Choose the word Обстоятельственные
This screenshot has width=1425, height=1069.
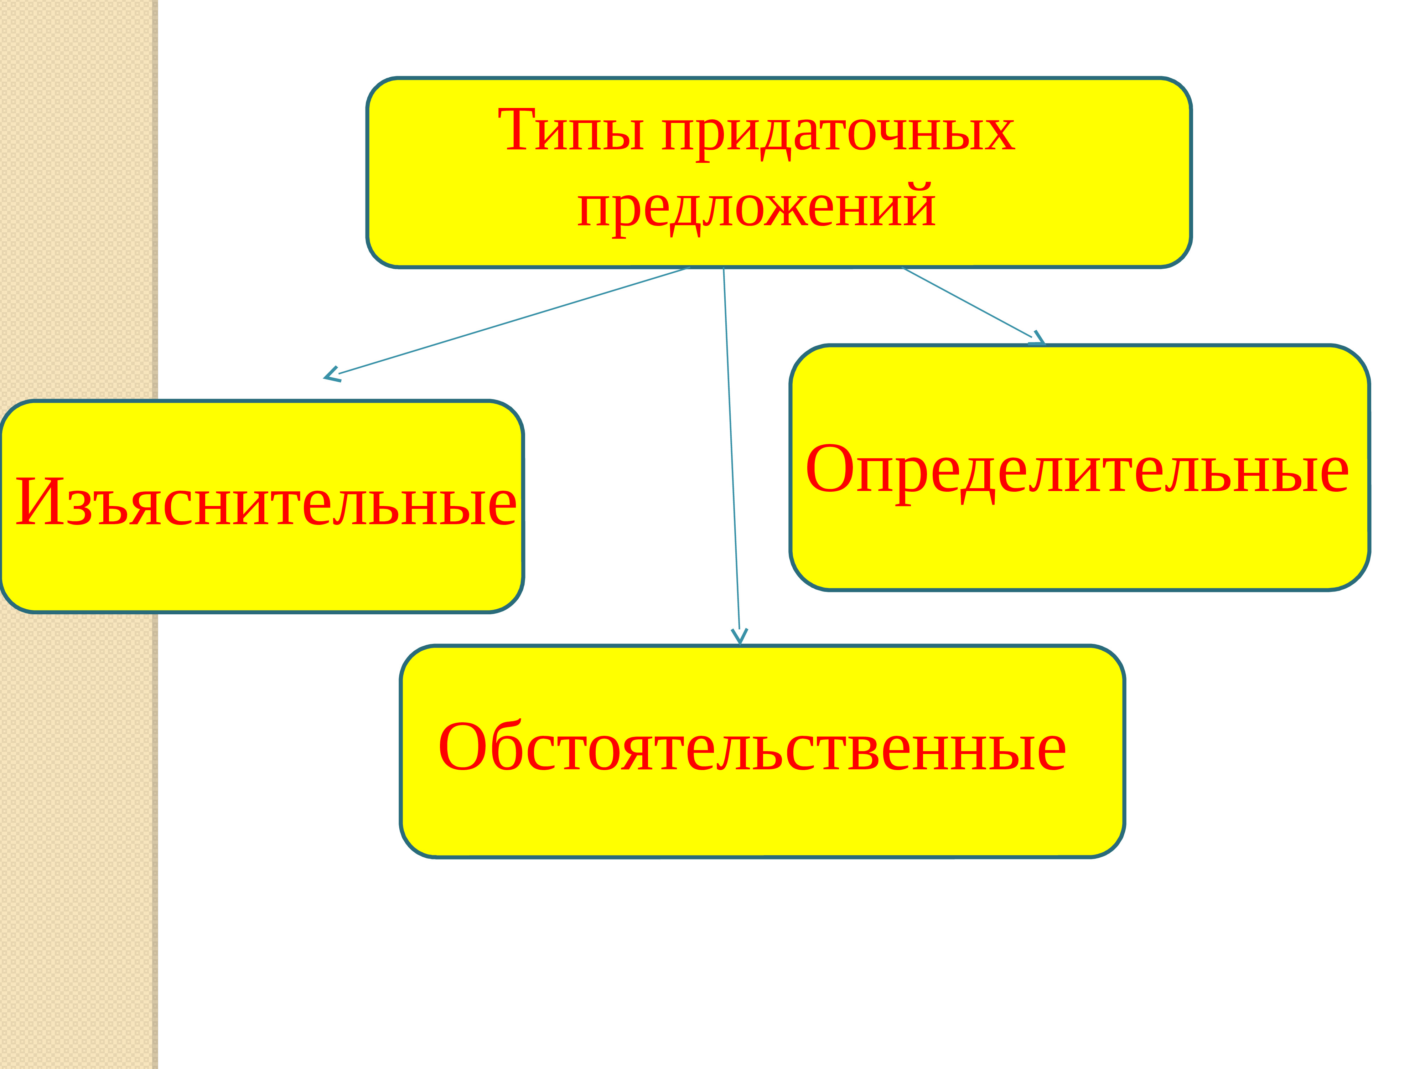pos(752,748)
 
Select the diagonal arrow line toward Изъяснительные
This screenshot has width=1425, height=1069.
pos(515,320)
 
